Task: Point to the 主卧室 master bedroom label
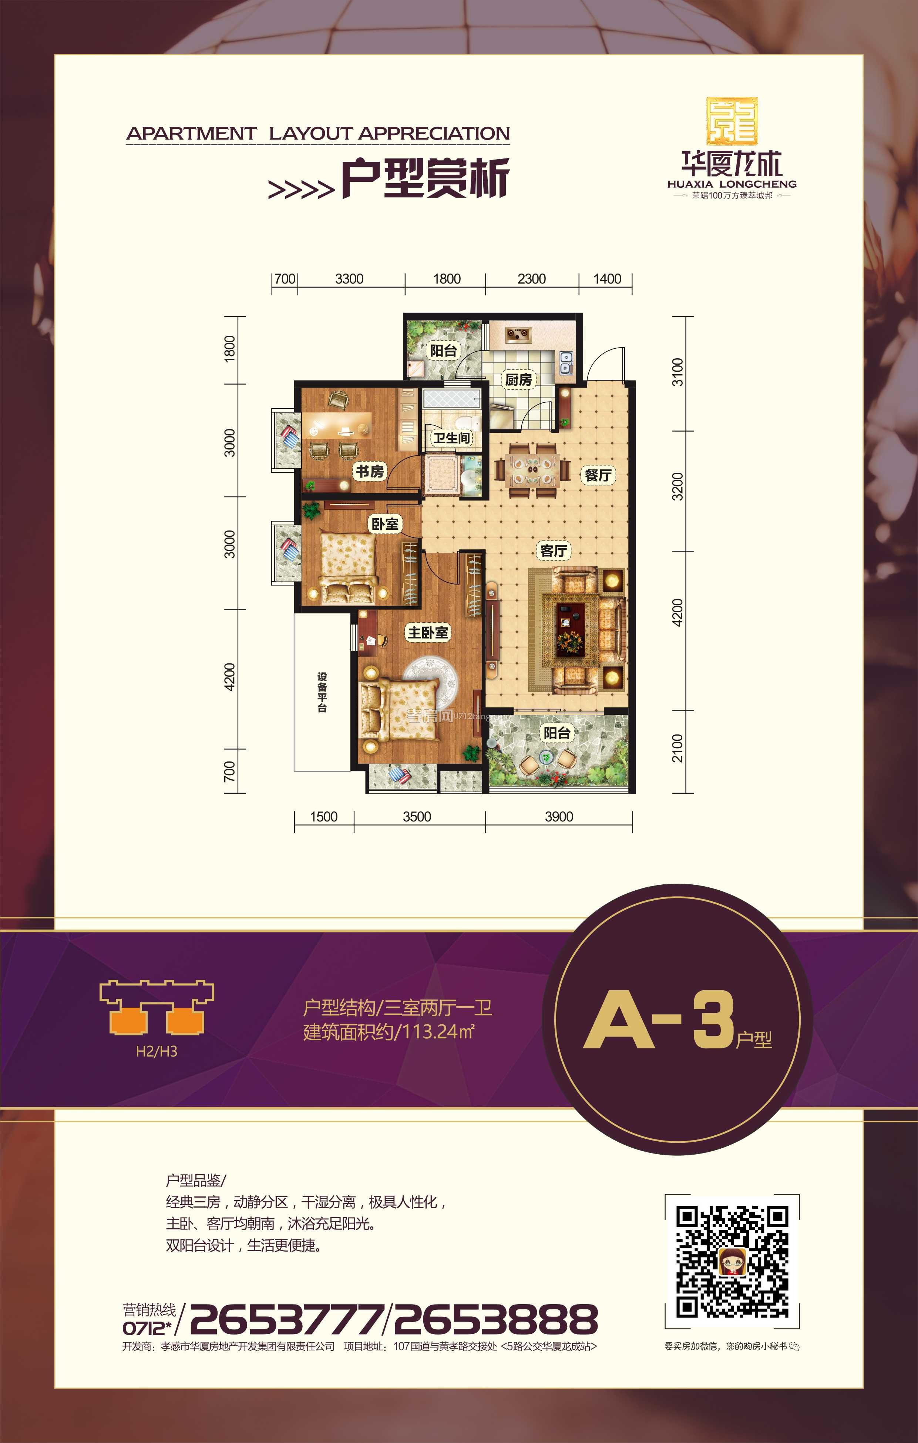(428, 633)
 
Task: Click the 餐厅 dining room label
(598, 475)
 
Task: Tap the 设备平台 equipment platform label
(322, 692)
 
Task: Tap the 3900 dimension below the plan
(559, 817)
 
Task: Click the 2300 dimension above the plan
(532, 279)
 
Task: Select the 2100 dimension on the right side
(677, 748)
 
